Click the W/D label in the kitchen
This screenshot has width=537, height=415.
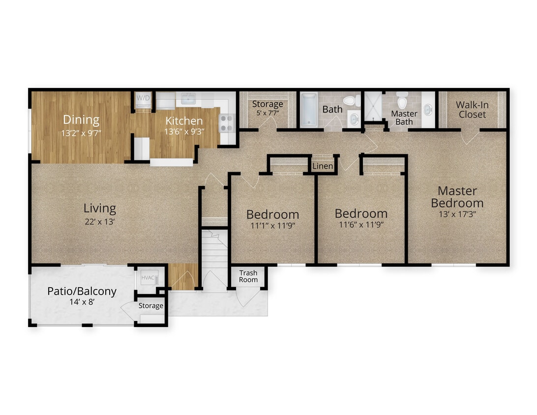pyautogui.click(x=143, y=98)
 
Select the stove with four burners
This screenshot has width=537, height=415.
pyautogui.click(x=227, y=122)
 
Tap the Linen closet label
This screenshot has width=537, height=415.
pyautogui.click(x=323, y=166)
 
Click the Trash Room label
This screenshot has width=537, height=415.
pyautogui.click(x=248, y=276)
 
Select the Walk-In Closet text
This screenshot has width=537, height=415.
pyautogui.click(x=472, y=110)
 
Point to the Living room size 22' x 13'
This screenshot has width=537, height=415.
pyautogui.click(x=100, y=221)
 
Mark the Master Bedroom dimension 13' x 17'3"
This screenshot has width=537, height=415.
pyautogui.click(x=457, y=214)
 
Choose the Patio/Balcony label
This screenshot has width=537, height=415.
pyautogui.click(x=82, y=291)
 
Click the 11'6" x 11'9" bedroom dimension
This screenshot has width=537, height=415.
pyautogui.click(x=361, y=225)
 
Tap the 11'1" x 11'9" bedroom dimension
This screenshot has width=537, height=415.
pyautogui.click(x=272, y=226)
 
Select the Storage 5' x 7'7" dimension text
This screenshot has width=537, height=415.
pyautogui.click(x=268, y=113)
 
